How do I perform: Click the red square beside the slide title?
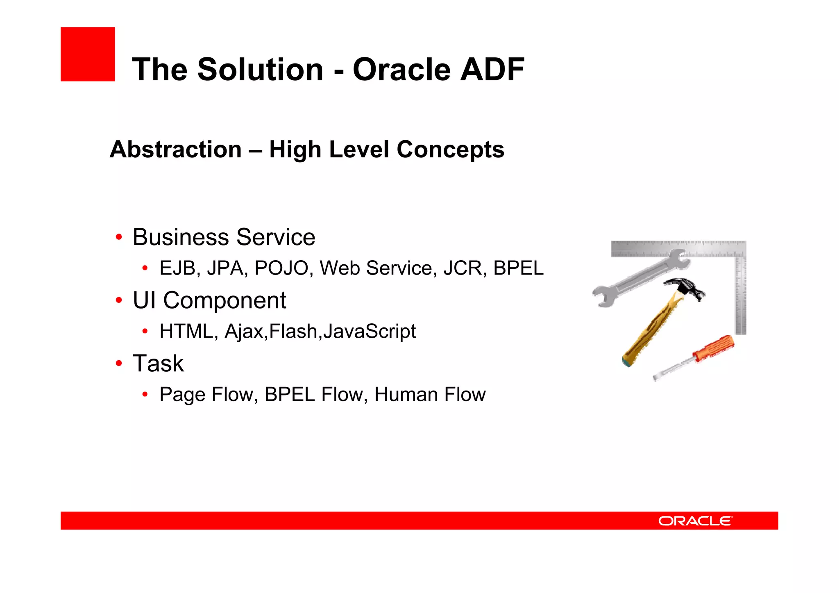88,54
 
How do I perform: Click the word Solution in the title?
260,69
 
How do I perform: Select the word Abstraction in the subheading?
176,149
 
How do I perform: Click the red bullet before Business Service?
119,237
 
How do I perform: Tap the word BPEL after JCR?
518,268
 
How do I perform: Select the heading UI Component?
209,300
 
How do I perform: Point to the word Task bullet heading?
158,363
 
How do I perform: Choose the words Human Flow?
430,394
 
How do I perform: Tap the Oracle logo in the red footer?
695,521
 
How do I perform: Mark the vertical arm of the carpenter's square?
741,295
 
